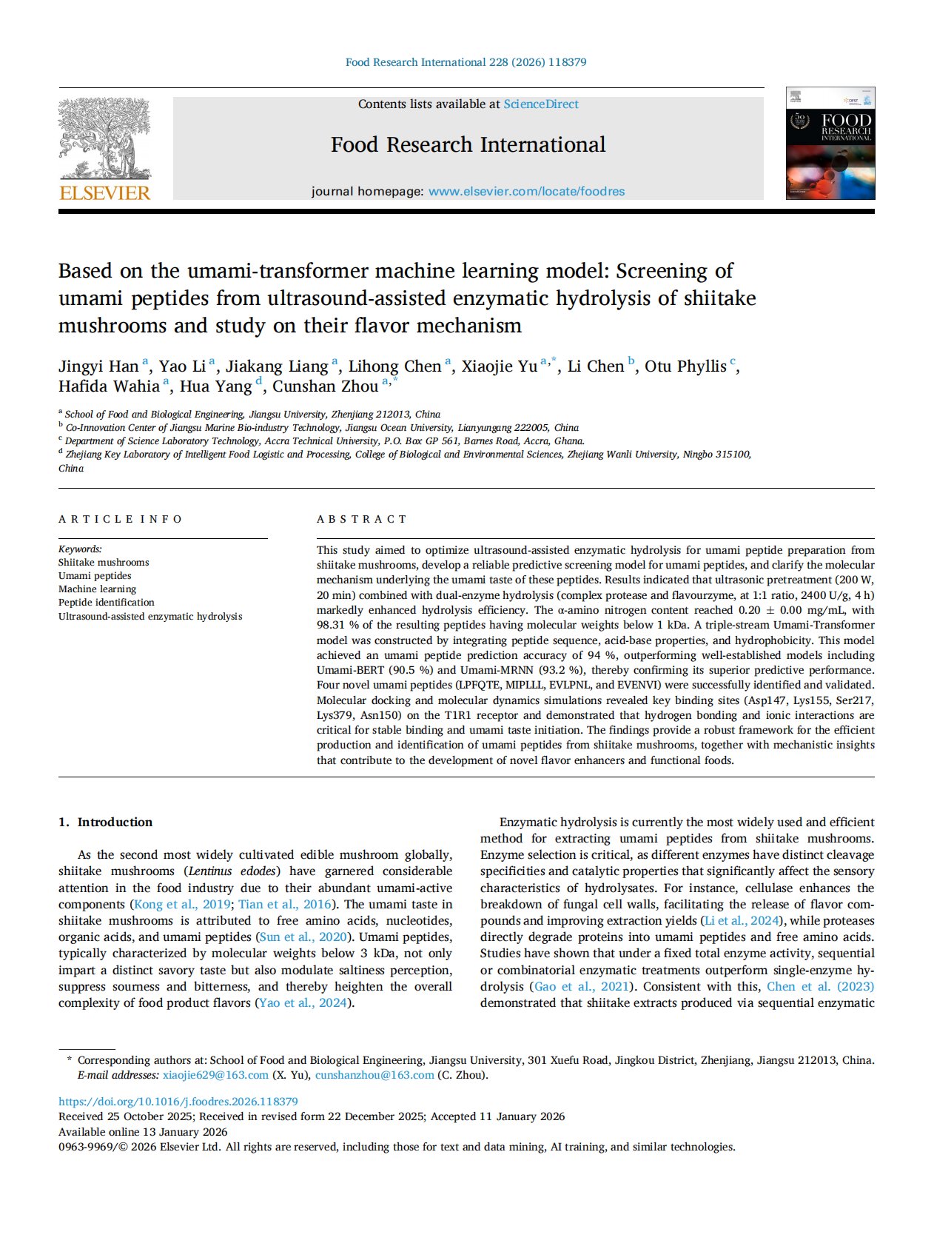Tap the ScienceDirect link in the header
(x=541, y=104)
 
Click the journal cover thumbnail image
(x=830, y=143)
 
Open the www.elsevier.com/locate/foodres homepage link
(x=526, y=192)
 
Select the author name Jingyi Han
(x=98, y=366)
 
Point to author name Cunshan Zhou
(x=326, y=386)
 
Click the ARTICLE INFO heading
(x=120, y=519)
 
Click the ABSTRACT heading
(x=362, y=519)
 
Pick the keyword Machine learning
(x=97, y=589)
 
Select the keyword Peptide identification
(x=107, y=603)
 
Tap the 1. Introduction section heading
(x=105, y=822)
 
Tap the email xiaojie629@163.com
(x=215, y=1075)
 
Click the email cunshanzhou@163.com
(x=374, y=1075)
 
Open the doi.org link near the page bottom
(x=178, y=1102)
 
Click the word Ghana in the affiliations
(x=569, y=441)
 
